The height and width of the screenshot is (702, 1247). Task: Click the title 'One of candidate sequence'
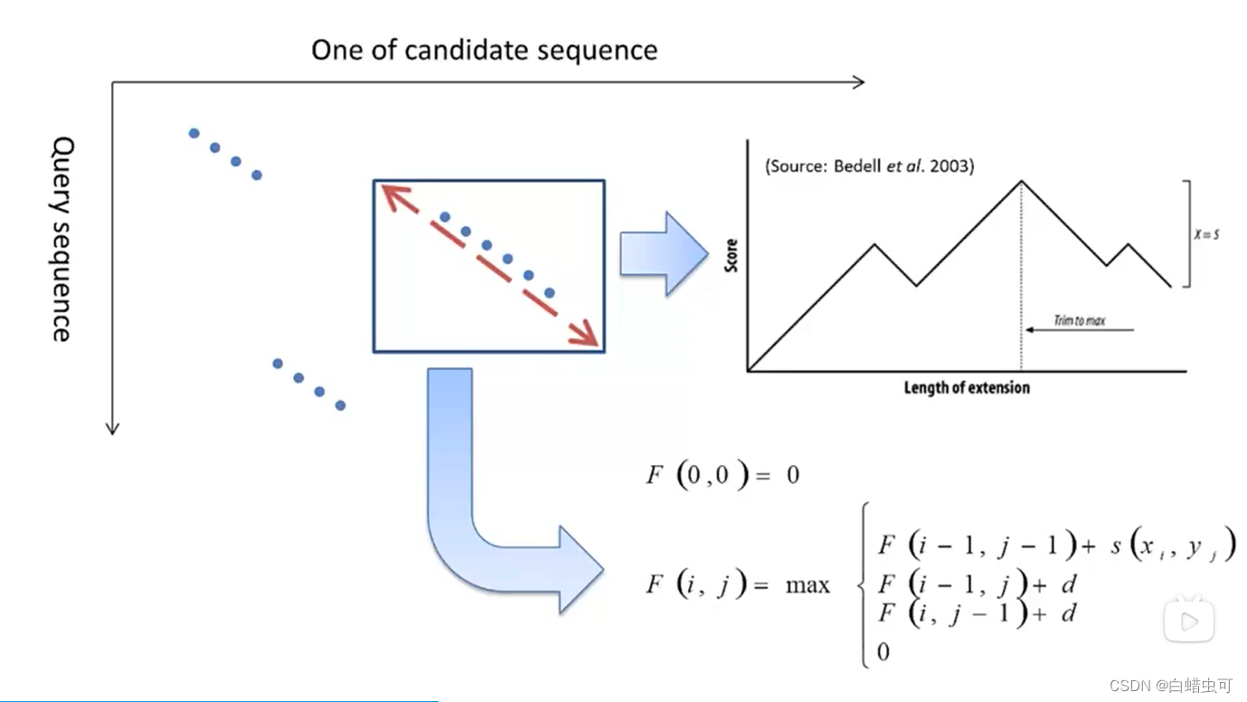coord(484,50)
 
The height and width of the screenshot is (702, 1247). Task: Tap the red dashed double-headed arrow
coord(489,265)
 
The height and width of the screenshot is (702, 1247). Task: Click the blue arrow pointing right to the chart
coord(663,253)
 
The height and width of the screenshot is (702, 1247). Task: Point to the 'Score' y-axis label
coord(732,256)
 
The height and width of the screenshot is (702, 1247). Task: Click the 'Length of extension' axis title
coord(967,388)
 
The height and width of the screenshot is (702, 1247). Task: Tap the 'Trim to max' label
coord(1079,320)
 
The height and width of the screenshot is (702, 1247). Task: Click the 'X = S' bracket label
coord(1206,234)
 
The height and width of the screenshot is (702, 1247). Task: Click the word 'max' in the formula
coord(808,585)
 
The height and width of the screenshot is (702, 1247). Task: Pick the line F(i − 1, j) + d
coord(978,583)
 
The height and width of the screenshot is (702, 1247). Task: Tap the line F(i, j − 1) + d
coord(978,614)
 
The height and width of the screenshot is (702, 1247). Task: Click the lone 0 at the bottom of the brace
coord(883,651)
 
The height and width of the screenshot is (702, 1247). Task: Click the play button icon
coord(1188,621)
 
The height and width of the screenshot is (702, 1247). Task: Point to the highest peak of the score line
coord(1022,181)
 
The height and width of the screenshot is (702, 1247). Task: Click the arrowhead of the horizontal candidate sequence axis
coord(858,82)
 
